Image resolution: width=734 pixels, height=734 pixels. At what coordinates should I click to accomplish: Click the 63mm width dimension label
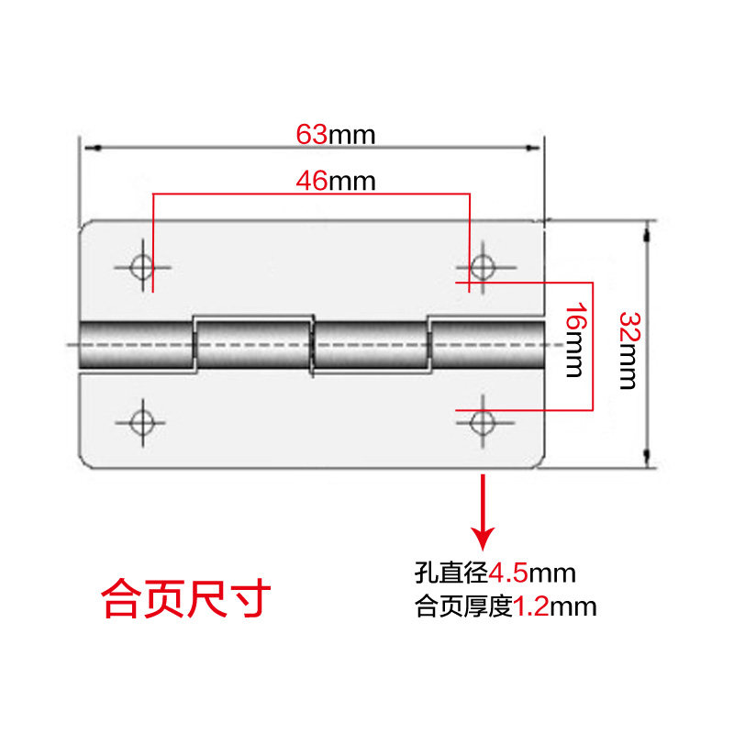[x=336, y=135]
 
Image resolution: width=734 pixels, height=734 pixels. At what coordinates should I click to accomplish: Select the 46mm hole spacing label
[x=336, y=181]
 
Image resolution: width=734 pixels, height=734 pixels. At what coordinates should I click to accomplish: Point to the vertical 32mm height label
[x=628, y=350]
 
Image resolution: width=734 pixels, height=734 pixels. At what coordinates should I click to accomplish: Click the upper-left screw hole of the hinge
[x=142, y=266]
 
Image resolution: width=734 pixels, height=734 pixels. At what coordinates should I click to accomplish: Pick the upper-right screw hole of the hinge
[x=482, y=267]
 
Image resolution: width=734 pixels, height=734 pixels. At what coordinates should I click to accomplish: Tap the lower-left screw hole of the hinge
[x=141, y=422]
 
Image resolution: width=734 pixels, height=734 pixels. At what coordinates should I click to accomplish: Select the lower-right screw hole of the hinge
[x=482, y=422]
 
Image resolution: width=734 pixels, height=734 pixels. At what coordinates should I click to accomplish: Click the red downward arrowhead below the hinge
[x=483, y=537]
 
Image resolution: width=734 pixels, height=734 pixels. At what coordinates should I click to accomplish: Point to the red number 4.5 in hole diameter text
[x=507, y=574]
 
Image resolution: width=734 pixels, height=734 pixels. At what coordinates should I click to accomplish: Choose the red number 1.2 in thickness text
[x=529, y=606]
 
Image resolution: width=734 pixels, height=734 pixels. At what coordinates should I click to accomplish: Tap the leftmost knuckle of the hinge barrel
[x=137, y=346]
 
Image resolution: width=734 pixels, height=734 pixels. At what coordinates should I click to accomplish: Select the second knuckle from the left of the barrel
[x=253, y=345]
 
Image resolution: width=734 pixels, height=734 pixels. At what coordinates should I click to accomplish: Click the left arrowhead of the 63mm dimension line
[x=88, y=146]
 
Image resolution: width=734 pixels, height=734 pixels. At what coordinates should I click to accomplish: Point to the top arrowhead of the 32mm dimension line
[x=648, y=228]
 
